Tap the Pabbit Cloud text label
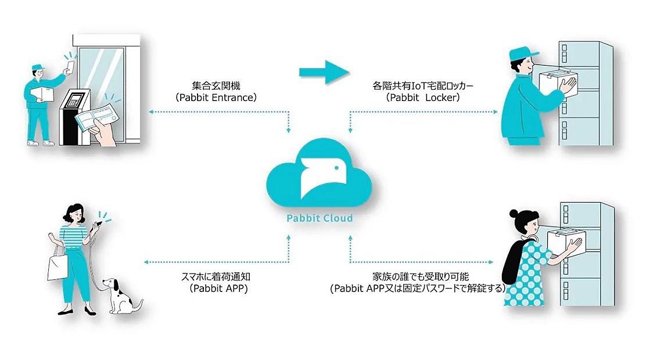point(319,219)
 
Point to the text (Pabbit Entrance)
point(216,98)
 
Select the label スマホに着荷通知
point(214,276)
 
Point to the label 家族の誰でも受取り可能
point(417,276)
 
